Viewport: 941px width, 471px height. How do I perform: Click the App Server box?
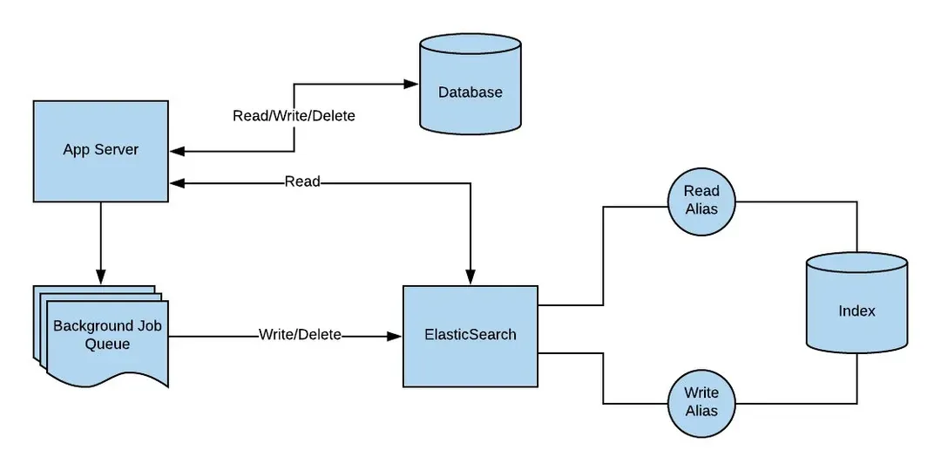[100, 151]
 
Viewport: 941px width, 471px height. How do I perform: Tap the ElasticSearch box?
[470, 335]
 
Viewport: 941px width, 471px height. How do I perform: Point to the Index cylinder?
[856, 311]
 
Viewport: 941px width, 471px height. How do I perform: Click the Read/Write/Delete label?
[294, 115]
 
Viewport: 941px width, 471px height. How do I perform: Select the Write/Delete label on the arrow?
[300, 335]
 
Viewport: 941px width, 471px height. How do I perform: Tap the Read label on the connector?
[302, 182]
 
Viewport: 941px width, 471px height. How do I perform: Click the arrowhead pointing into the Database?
[410, 85]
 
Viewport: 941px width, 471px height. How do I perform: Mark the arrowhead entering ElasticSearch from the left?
[395, 335]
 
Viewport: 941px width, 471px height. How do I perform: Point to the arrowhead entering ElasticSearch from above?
[470, 277]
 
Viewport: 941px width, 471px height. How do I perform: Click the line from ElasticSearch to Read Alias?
[603, 262]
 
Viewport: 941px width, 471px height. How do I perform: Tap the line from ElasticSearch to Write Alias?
[603, 384]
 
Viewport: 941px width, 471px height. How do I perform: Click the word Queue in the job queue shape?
[107, 345]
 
